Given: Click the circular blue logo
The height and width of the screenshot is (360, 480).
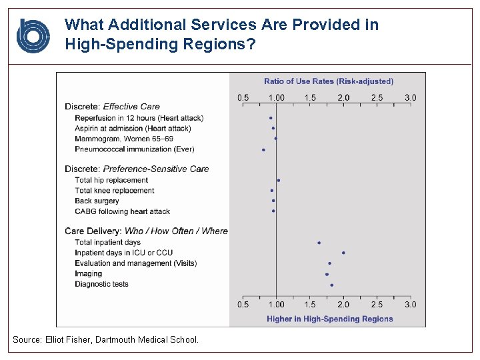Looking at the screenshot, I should pos(33,36).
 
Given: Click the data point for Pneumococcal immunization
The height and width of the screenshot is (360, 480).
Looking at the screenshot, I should pos(263,150).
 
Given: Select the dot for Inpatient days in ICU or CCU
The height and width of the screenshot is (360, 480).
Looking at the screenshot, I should pos(343,253).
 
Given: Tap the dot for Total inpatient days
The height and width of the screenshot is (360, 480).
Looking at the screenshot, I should pos(319,243).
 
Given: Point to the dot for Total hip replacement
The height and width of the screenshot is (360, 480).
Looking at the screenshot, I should pos(279,180).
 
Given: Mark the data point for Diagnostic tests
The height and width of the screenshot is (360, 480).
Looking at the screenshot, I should pos(331,285).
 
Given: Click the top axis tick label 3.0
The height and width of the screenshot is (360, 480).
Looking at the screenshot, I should pos(410,97).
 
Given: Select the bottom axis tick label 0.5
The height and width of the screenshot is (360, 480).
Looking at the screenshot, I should pos(243,305).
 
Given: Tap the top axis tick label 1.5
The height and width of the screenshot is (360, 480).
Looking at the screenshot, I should pos(310,97).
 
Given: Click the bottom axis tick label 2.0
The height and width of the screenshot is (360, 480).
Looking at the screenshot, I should pos(343,305).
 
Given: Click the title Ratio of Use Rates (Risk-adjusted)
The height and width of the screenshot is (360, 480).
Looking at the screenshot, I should pos(329,81).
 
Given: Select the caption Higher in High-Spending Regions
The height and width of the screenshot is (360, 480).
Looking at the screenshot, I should pos(330,319).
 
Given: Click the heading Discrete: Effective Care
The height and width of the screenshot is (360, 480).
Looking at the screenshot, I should pos(112,106).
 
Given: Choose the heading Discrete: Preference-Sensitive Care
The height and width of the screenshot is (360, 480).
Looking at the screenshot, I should pos(137,169).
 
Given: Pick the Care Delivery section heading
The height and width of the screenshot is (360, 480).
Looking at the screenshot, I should pos(146,231).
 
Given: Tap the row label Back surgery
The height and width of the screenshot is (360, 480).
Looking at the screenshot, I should pos(97,201).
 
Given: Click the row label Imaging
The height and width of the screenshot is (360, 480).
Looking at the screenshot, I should pos(89,273).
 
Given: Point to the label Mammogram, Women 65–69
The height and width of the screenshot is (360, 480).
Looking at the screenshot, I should pos(125,139).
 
